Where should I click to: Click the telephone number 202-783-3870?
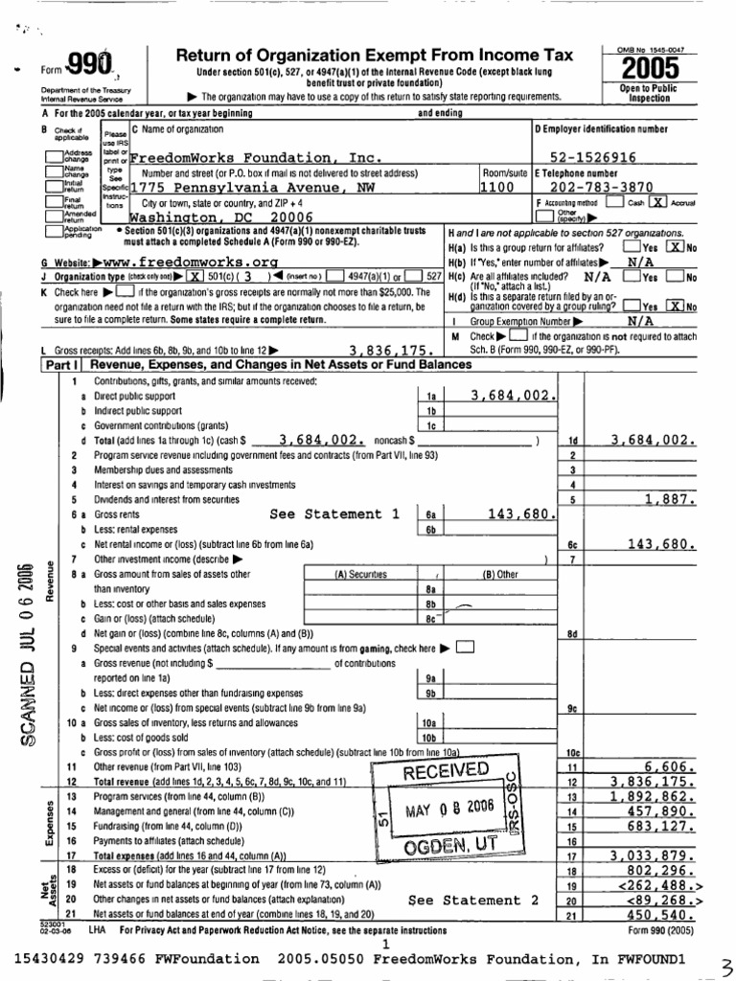[x=600, y=188]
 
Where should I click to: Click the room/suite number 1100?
[x=498, y=188]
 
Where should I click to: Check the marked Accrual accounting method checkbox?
[x=658, y=202]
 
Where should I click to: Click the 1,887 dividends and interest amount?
[x=668, y=498]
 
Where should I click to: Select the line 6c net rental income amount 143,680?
[x=659, y=543]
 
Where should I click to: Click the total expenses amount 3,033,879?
[x=650, y=856]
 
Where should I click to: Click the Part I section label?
[x=59, y=365]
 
